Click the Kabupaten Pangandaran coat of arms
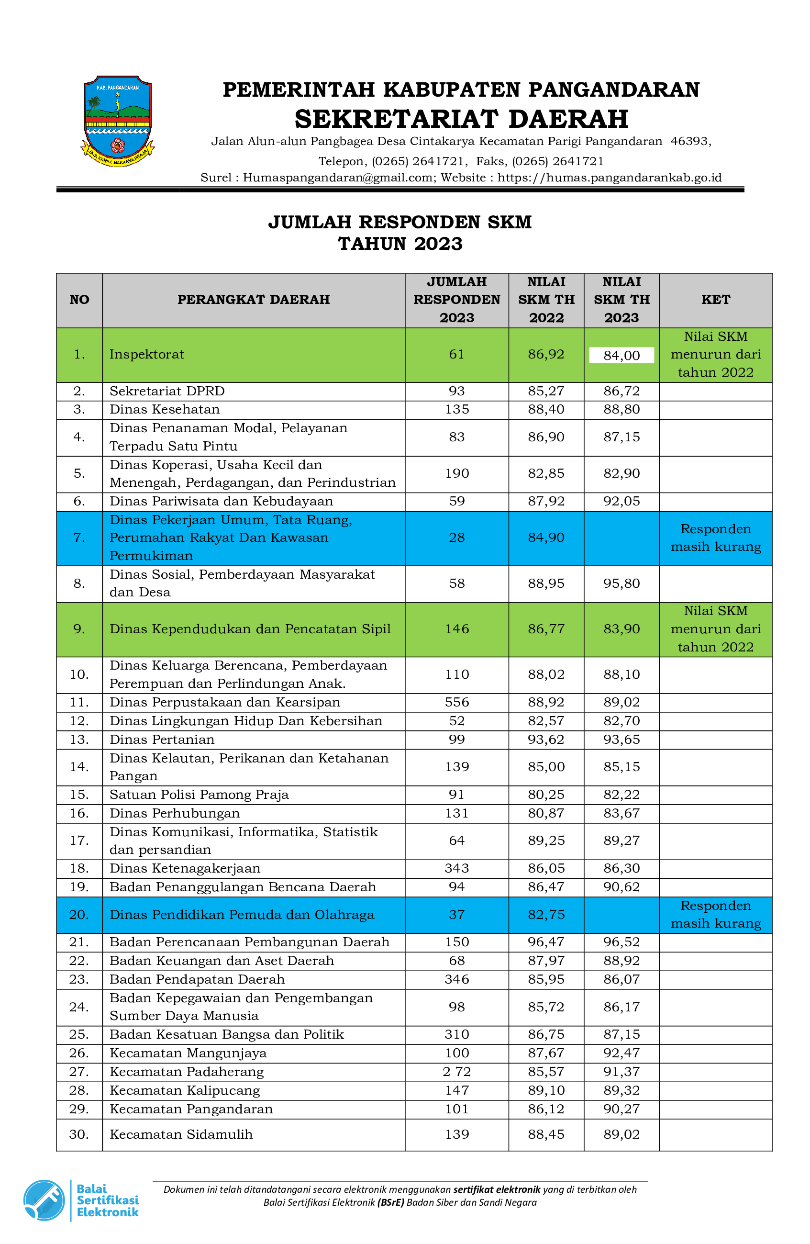tap(117, 121)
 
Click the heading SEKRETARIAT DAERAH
tap(461, 119)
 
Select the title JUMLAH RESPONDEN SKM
tap(400, 222)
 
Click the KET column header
tap(715, 300)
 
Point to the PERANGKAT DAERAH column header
tap(254, 300)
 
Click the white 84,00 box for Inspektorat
tap(621, 356)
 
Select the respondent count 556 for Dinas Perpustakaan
tap(456, 702)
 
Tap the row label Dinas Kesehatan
tap(165, 409)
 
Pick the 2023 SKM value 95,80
tap(621, 583)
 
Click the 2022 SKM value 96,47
tap(545, 942)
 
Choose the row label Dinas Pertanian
tap(162, 739)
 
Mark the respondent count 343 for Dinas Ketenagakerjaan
tap(456, 868)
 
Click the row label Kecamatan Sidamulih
tap(181, 1134)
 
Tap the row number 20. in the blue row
tap(79, 915)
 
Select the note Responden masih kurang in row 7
tap(715, 538)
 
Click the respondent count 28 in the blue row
tap(456, 538)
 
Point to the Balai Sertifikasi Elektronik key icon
tap(44, 1200)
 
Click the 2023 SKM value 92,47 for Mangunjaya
tap(621, 1053)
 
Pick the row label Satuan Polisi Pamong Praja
tap(199, 795)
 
